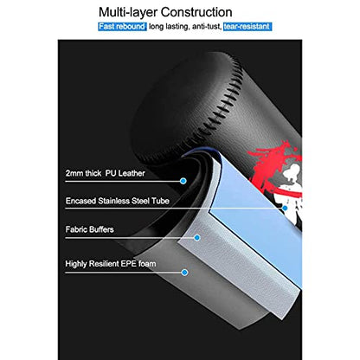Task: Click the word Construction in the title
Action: pos(196,12)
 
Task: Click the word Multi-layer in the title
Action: pos(128,13)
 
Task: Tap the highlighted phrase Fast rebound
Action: pos(122,27)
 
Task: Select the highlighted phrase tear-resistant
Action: pos(247,27)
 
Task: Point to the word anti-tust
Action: pos(207,27)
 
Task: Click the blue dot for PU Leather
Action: pos(183,181)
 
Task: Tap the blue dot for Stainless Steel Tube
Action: pos(285,208)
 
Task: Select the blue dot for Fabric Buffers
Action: pos(197,238)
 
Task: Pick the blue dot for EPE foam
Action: pos(184,273)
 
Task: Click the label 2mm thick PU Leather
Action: pos(105,173)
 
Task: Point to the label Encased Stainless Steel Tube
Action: pos(117,201)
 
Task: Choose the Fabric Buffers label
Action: pos(89,229)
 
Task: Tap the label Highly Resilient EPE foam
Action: pos(111,264)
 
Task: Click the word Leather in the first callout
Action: pos(132,173)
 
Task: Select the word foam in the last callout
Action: pos(147,264)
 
